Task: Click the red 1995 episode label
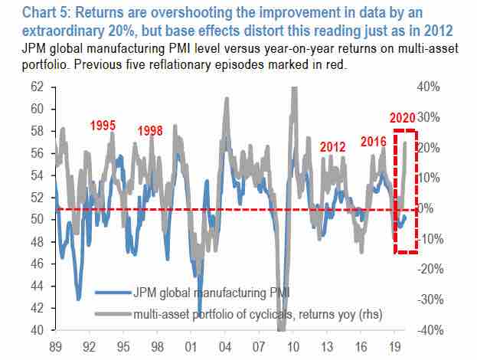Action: point(103,125)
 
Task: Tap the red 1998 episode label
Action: point(150,130)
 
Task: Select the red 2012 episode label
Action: point(332,146)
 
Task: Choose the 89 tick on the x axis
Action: point(56,345)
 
